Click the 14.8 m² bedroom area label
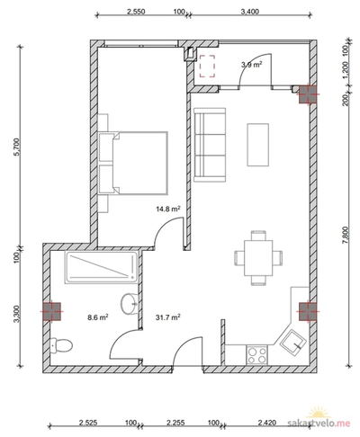click(168, 209)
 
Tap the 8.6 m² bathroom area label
click(98, 317)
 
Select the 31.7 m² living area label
click(168, 317)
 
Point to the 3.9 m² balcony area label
click(252, 64)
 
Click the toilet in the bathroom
click(61, 345)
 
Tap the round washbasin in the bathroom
click(130, 304)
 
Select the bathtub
click(102, 268)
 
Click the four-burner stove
click(256, 355)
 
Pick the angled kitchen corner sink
click(293, 343)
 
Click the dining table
click(258, 258)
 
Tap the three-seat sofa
click(210, 145)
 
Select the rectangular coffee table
click(257, 145)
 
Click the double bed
click(133, 163)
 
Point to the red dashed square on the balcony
click(208, 67)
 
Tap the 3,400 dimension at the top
click(249, 12)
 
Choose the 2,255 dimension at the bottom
click(175, 423)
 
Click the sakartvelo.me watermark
click(319, 423)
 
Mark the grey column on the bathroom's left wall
click(52, 312)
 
